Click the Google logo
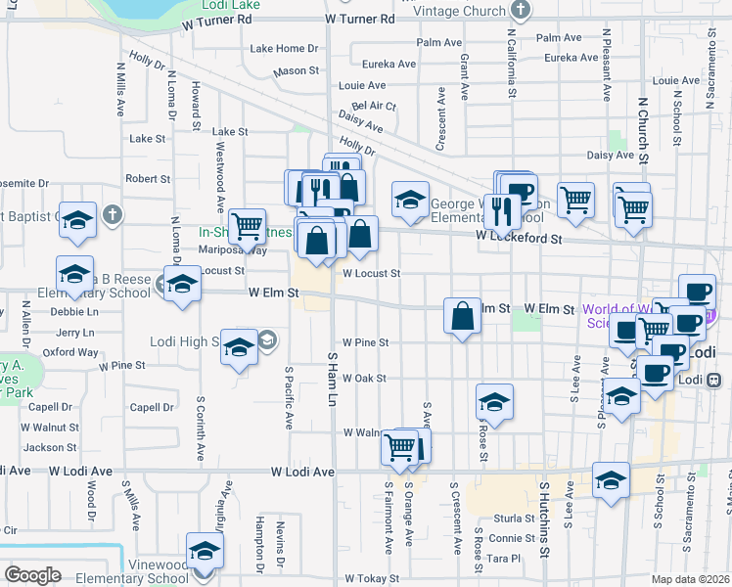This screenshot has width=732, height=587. pos(32,575)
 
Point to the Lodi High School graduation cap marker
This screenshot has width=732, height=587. pos(239,348)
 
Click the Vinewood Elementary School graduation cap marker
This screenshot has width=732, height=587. pos(205,552)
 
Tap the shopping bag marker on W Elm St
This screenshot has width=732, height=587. pos(462,317)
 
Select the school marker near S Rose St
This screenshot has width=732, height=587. pos(495,402)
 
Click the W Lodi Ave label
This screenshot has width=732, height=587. pos(290,472)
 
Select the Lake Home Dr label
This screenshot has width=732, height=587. pos(285,48)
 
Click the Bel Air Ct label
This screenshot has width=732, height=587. pos(374,106)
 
